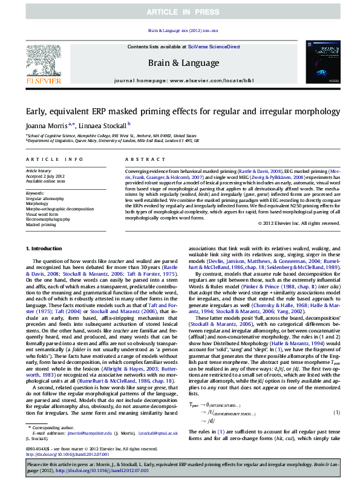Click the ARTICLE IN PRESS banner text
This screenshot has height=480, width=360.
pos(180,11)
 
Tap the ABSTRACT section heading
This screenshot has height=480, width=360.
pos(140,159)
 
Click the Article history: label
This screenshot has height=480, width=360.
pos(38,171)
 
